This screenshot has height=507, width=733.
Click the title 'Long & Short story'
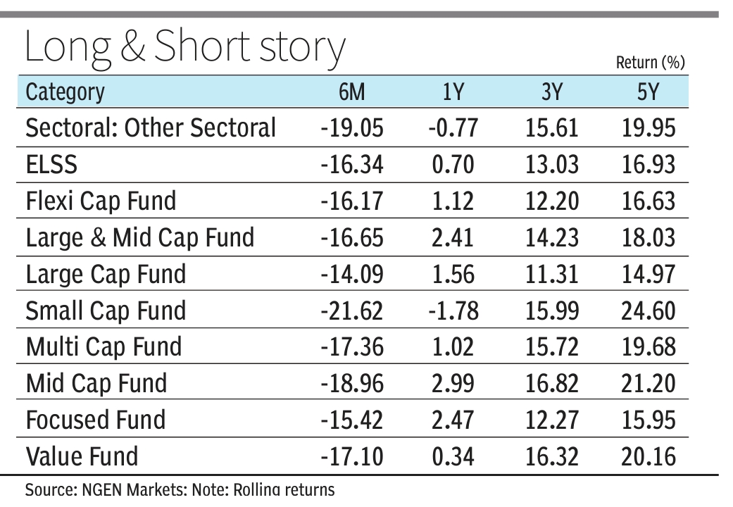[x=184, y=48]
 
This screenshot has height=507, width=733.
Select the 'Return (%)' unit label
[x=650, y=63]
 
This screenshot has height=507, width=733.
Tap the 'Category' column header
[x=65, y=92]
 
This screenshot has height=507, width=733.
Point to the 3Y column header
[x=553, y=92]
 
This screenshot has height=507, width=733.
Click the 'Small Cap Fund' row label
[x=106, y=311]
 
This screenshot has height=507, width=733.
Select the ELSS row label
[x=51, y=165]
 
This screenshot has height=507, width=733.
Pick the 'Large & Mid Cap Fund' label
[x=139, y=238]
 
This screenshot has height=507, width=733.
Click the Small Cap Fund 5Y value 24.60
[x=649, y=311]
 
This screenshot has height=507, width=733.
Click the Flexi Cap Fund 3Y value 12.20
[x=552, y=201]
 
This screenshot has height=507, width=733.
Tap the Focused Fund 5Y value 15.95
[x=649, y=420]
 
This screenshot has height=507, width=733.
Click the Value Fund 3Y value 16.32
[x=552, y=457]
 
